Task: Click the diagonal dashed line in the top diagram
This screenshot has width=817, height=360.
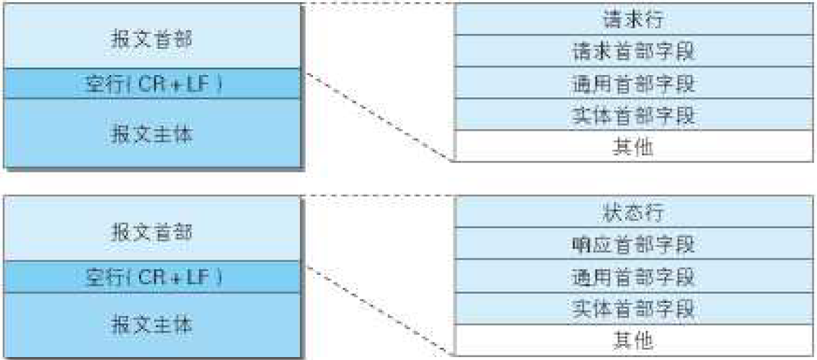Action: tap(379, 117)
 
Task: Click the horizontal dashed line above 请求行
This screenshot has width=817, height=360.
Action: tap(379, 3)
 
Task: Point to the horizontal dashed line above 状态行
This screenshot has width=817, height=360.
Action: tap(379, 196)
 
